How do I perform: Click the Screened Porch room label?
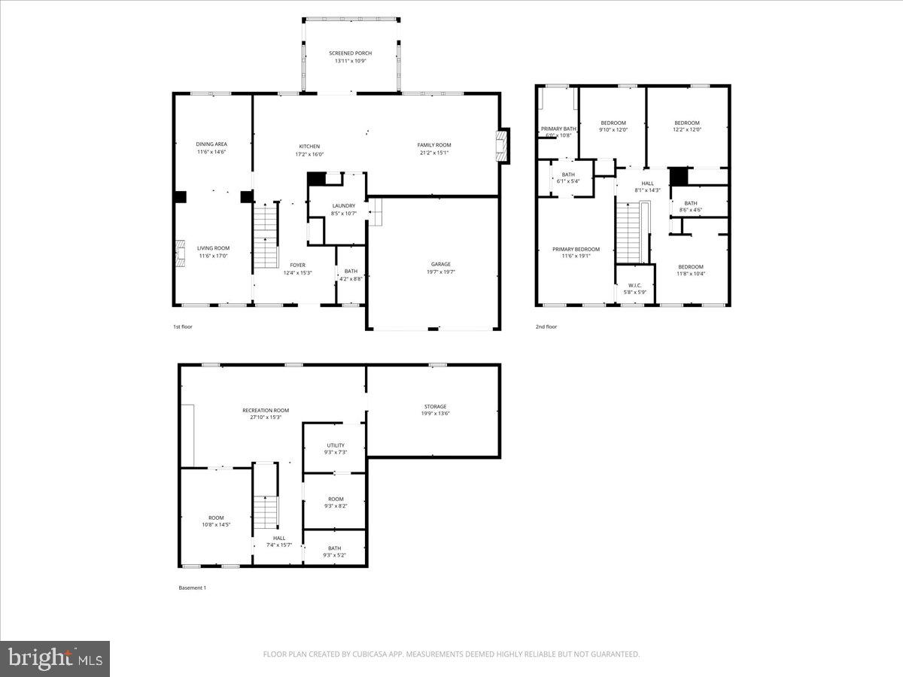(x=351, y=53)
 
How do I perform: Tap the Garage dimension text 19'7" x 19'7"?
(x=440, y=272)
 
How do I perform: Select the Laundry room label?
(x=343, y=205)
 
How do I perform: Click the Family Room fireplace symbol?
(x=502, y=146)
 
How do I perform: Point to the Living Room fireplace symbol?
(x=179, y=254)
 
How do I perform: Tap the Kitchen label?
(x=309, y=146)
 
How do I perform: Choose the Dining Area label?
(x=211, y=144)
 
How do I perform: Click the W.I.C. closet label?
(x=634, y=285)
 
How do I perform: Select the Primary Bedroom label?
(x=576, y=249)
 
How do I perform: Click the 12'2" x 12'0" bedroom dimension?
(x=686, y=130)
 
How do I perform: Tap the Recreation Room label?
(x=266, y=410)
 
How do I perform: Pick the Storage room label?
(x=435, y=406)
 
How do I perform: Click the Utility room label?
(x=336, y=445)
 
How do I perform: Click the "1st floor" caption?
(x=184, y=326)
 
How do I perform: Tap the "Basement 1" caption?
(x=192, y=587)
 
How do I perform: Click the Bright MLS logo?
(x=55, y=659)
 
